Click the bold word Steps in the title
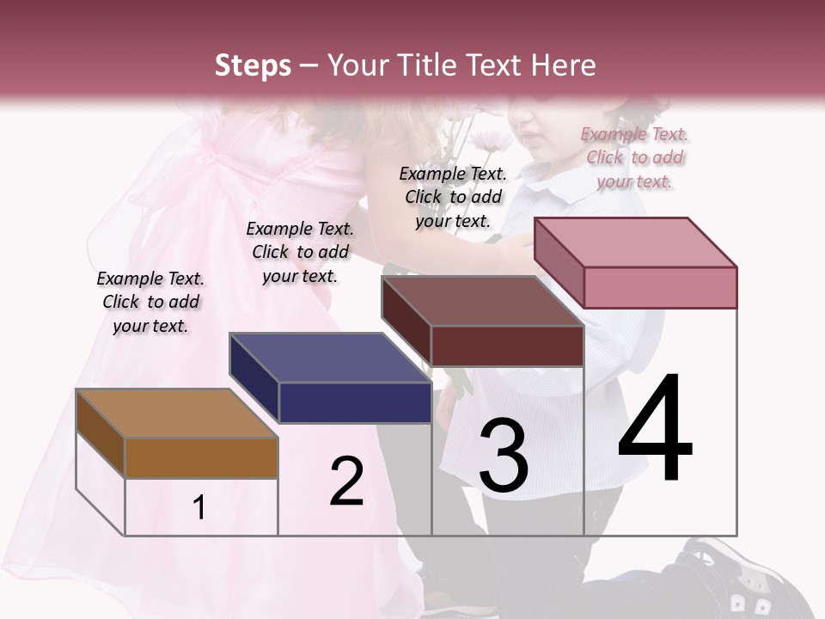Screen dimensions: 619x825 point(253,65)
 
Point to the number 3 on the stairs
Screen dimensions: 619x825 point(503,455)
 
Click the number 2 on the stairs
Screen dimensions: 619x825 point(346,481)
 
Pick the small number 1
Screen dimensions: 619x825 point(199,507)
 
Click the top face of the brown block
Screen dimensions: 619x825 point(176,414)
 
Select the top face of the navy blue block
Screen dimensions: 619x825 point(329,358)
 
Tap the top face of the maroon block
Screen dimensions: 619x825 point(481,301)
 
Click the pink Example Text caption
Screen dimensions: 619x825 point(634,157)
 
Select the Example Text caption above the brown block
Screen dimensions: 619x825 point(150,302)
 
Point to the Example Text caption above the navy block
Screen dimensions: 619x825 point(300,252)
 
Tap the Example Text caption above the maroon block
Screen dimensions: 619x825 point(453,197)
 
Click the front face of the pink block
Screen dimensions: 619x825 point(660,287)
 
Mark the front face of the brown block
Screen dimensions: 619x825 point(201,457)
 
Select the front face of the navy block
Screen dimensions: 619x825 point(355,402)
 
